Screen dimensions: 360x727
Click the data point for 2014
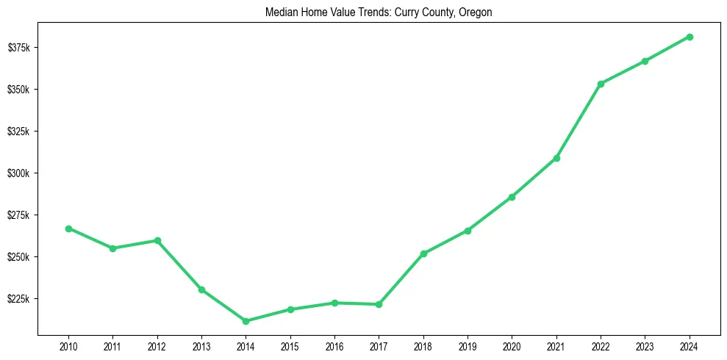click(x=246, y=321)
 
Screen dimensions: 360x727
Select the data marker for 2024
click(x=690, y=37)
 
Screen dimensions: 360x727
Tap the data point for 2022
click(x=601, y=84)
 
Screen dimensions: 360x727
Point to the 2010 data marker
click(x=68, y=228)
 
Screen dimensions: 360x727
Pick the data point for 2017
click(x=379, y=304)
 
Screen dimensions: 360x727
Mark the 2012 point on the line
click(x=157, y=240)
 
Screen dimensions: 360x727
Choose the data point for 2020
click(x=512, y=197)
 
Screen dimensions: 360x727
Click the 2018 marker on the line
click(x=423, y=253)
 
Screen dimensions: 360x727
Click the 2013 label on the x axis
click(x=201, y=347)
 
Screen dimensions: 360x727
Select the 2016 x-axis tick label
click(x=334, y=347)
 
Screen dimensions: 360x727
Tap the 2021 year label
click(x=556, y=347)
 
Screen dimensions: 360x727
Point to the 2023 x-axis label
click(x=645, y=347)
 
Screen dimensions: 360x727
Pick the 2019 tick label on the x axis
click(x=468, y=347)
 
